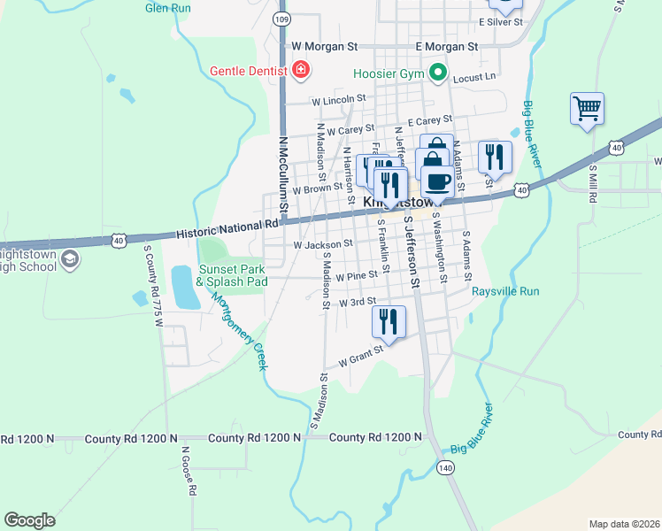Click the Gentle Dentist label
(249, 70)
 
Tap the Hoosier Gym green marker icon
(436, 72)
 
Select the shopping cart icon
(587, 109)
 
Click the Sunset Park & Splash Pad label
(232, 274)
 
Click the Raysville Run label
(505, 291)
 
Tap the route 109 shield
(281, 19)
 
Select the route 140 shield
(444, 466)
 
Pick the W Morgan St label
(325, 45)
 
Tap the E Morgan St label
(446, 45)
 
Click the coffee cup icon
(436, 181)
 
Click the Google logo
(29, 520)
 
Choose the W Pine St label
(357, 276)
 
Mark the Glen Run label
(168, 7)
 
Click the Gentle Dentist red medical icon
(301, 70)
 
